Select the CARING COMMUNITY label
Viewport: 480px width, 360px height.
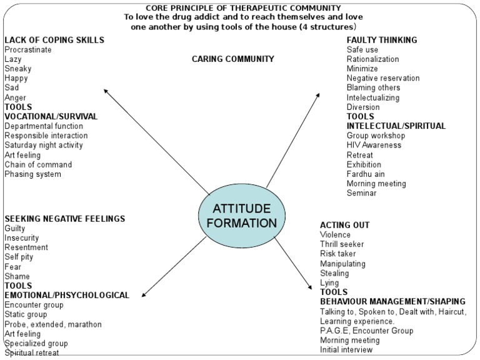pyautogui.click(x=232, y=59)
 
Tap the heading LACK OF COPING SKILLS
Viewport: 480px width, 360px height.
pyautogui.click(x=54, y=40)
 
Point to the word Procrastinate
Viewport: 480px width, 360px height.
pyautogui.click(x=28, y=49)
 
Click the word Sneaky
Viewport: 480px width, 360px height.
pyautogui.click(x=17, y=69)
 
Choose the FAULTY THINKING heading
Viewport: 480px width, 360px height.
pyautogui.click(x=382, y=40)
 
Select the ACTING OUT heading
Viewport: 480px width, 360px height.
pyautogui.click(x=344, y=225)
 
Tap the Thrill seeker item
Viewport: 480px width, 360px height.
pyautogui.click(x=342, y=244)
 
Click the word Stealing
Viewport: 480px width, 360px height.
pyautogui.click(x=335, y=273)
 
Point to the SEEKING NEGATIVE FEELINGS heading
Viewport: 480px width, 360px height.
pyautogui.click(x=65, y=219)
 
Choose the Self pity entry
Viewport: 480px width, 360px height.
pyautogui.click(x=19, y=257)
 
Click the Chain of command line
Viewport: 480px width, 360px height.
pyautogui.click(x=38, y=164)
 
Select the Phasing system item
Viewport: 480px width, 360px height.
pyautogui.click(x=32, y=174)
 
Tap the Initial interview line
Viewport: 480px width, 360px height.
pyautogui.click(x=346, y=350)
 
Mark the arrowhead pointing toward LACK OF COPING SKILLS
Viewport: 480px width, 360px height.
pyautogui.click(x=105, y=91)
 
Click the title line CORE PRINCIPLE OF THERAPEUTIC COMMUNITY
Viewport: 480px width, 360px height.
pyautogui.click(x=243, y=7)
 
